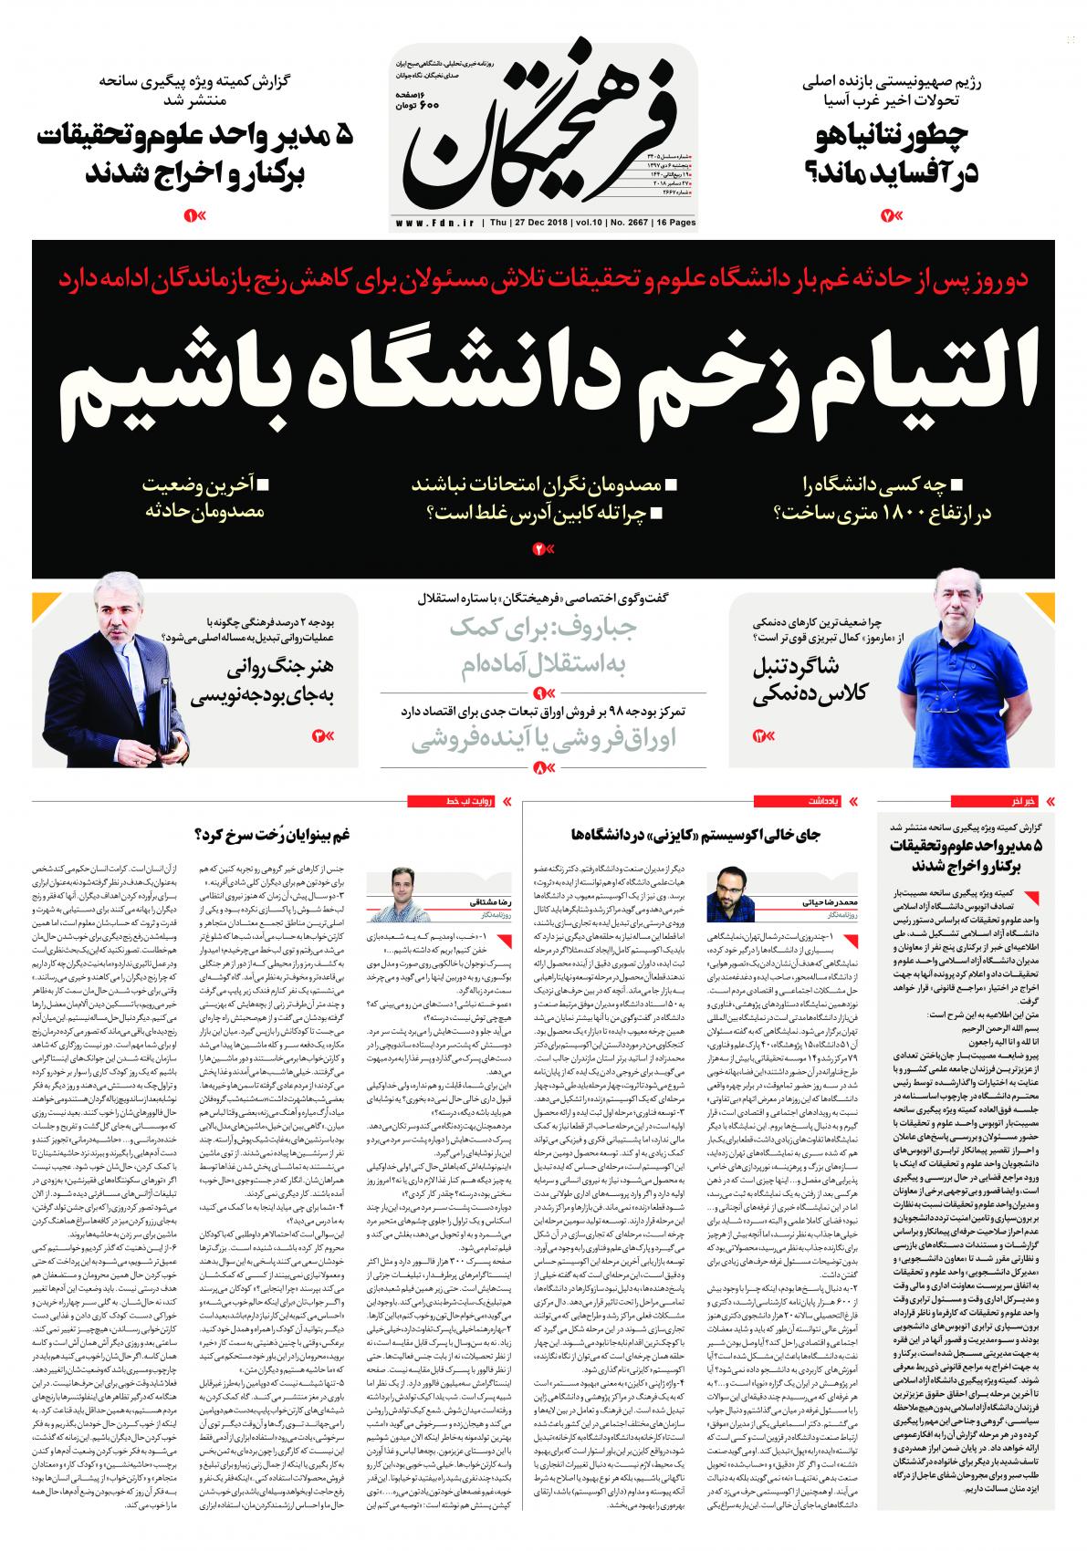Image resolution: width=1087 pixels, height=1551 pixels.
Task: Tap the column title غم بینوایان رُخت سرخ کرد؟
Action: point(274,834)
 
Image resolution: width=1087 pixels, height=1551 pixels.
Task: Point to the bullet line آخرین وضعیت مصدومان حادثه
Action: point(203,496)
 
